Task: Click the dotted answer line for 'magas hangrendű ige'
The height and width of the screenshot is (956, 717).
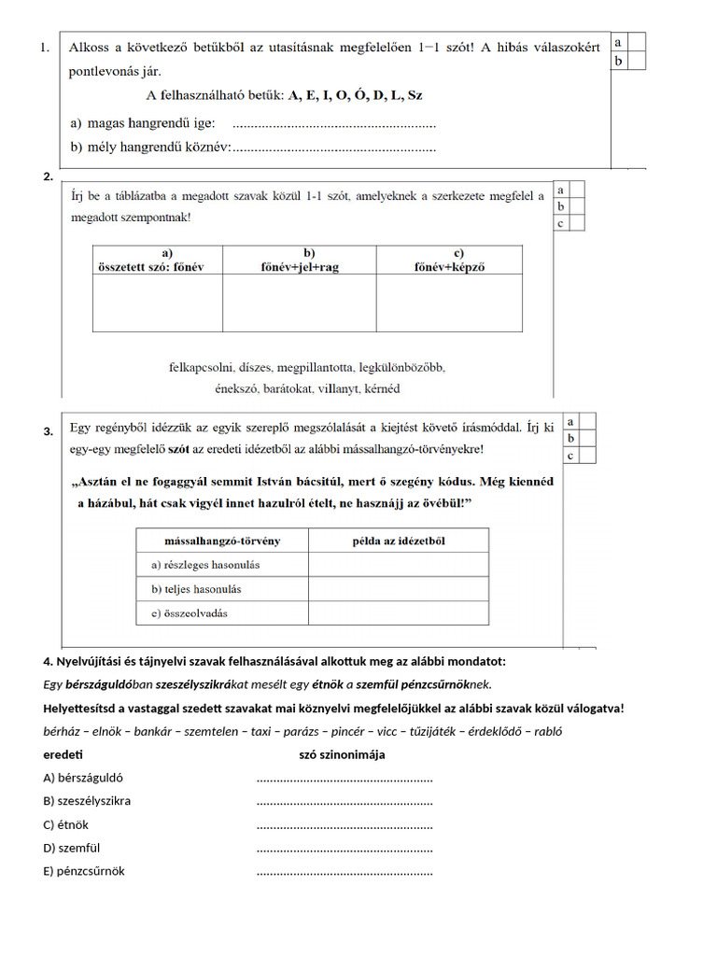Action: [x=333, y=124]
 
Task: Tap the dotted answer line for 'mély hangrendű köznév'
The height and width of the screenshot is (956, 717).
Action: [x=333, y=148]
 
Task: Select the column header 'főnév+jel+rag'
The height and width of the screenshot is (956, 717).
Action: [x=300, y=260]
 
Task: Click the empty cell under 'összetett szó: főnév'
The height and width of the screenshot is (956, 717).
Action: [x=157, y=302]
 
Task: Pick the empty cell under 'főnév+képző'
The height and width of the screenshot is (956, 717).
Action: [x=449, y=302]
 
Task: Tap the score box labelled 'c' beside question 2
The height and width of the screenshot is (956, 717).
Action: [x=561, y=223]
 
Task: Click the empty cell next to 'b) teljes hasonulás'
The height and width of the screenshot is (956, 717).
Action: [x=398, y=589]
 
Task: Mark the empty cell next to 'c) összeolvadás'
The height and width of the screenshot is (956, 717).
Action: [x=398, y=613]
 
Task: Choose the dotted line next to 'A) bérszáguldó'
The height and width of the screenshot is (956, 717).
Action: [x=344, y=778]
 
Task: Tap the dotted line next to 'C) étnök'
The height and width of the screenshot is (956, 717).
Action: [x=344, y=824]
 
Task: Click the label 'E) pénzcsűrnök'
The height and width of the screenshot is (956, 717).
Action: [x=84, y=871]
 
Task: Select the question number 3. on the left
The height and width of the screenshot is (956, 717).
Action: [x=48, y=431]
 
